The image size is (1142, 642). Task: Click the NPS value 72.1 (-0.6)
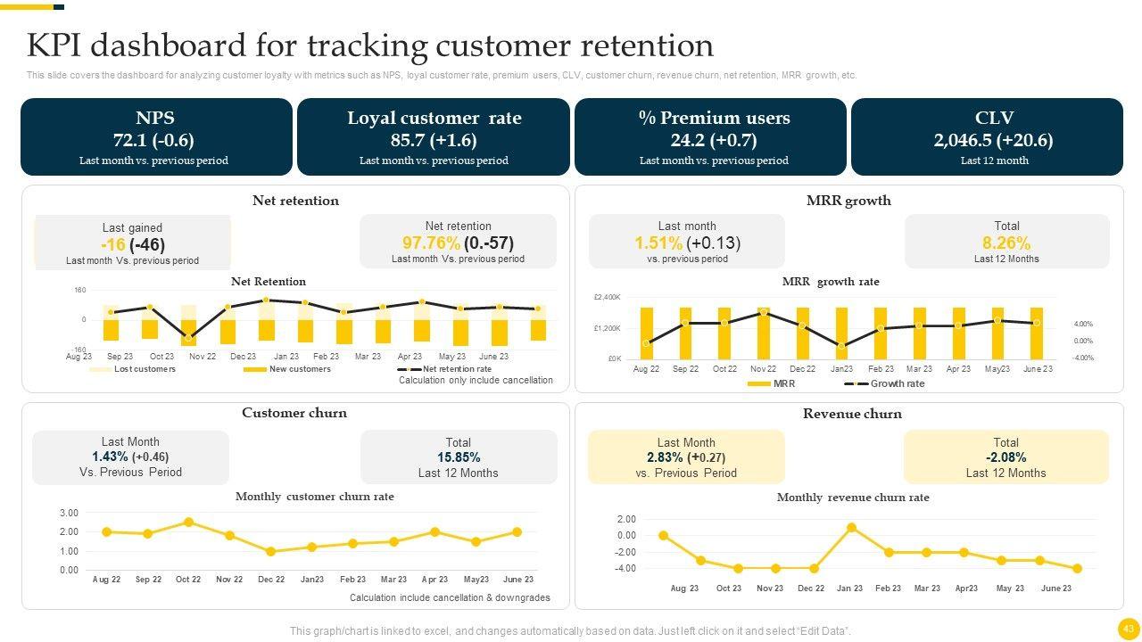tap(153, 140)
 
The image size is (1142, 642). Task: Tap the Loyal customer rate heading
tap(434, 118)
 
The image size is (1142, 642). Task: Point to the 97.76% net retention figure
tap(431, 243)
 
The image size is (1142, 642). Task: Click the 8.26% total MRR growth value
tap(1005, 243)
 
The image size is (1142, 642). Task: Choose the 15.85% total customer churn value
tap(458, 457)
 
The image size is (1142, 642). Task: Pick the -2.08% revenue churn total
tap(1005, 457)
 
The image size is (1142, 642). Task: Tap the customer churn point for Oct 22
tap(188, 523)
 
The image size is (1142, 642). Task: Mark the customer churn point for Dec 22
tap(270, 552)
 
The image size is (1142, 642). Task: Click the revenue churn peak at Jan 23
tap(851, 528)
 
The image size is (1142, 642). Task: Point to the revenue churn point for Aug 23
tap(663, 536)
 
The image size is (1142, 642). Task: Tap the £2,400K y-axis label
tap(607, 297)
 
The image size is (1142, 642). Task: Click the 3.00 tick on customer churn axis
tap(69, 513)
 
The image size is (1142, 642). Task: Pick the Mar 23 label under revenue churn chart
tap(926, 588)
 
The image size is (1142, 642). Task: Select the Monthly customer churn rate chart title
tap(314, 497)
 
